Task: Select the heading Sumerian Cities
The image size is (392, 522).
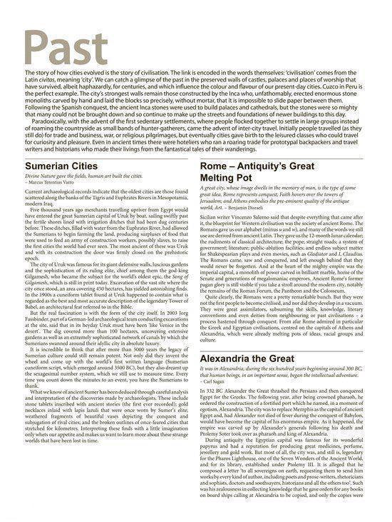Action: [60, 166]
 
